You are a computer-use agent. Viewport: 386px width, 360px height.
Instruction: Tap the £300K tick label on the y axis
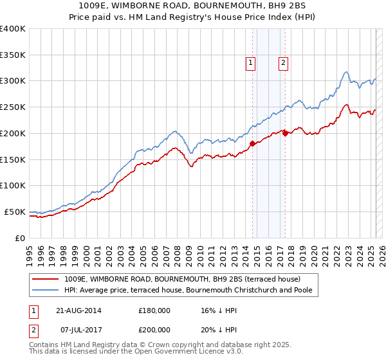pyautogui.click(x=12, y=81)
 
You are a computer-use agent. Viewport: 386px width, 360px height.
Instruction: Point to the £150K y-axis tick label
pyautogui.click(x=12, y=159)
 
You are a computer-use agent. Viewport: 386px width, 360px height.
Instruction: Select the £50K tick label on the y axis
pyautogui.click(x=15, y=212)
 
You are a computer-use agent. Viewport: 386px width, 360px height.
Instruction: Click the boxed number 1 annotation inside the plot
pyautogui.click(x=250, y=62)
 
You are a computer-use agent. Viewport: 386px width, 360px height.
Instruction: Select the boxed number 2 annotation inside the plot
pyautogui.click(x=283, y=62)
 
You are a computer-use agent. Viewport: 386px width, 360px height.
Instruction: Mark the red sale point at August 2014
pyautogui.click(x=252, y=143)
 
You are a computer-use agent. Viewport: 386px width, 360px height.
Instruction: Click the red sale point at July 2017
pyautogui.click(x=285, y=133)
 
